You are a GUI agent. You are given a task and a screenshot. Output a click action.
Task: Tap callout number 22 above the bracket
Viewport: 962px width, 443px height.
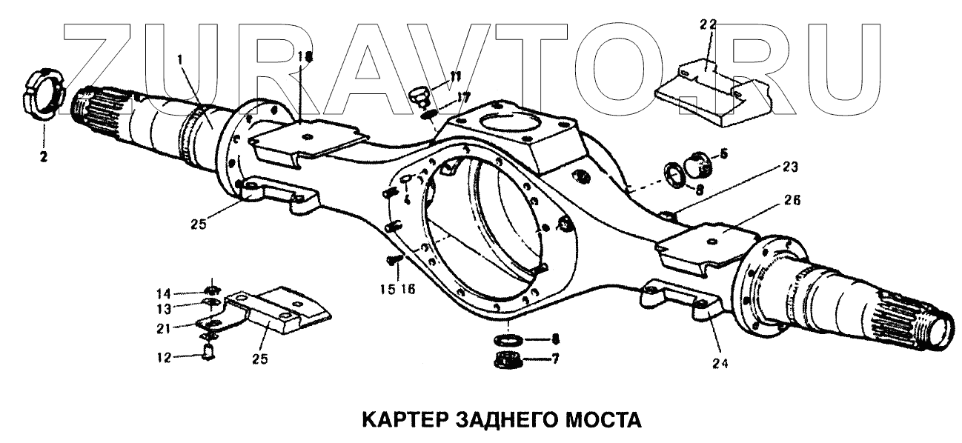(708, 24)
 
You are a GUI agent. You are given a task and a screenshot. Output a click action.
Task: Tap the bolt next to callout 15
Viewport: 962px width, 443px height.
(394, 259)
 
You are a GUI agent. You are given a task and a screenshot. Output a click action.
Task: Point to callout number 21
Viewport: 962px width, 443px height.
(170, 327)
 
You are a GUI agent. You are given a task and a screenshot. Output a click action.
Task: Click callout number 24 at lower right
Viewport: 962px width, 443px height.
(721, 363)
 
